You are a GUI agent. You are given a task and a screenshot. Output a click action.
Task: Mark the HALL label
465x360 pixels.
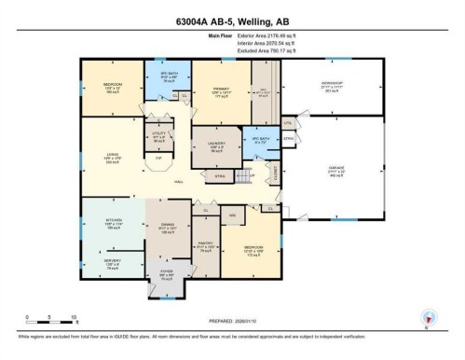177,183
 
